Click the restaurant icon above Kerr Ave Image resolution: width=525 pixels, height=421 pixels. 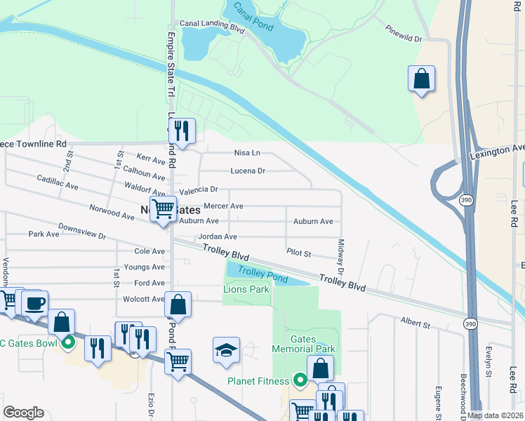[182, 131]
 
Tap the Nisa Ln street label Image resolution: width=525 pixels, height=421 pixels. [246, 152]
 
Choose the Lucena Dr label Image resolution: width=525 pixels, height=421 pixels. [248, 171]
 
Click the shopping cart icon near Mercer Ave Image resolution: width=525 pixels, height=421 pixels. [163, 208]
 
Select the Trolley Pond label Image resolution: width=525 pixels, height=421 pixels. [262, 274]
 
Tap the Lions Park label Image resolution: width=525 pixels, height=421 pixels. [246, 289]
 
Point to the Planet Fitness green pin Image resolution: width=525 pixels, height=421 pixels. [300, 381]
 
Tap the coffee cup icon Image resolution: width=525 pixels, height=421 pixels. [34, 303]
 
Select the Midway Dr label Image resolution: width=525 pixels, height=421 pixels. [341, 257]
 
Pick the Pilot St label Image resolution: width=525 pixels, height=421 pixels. [298, 251]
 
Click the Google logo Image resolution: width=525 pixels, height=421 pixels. [24, 413]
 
